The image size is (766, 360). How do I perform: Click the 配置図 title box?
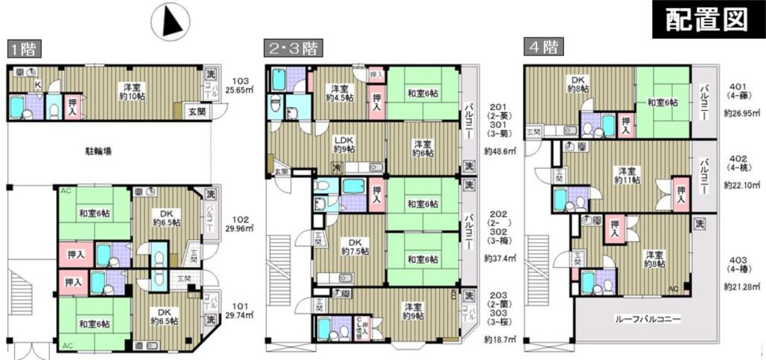707,19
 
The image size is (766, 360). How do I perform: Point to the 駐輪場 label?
98,151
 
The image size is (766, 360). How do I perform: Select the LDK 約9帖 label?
344,144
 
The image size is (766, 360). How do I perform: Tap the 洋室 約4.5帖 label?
339,93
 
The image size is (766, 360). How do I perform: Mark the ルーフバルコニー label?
647,320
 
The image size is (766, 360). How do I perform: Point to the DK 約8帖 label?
580,84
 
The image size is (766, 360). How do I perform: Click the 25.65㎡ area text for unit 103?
240,90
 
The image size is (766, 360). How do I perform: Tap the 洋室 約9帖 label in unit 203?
412,311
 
